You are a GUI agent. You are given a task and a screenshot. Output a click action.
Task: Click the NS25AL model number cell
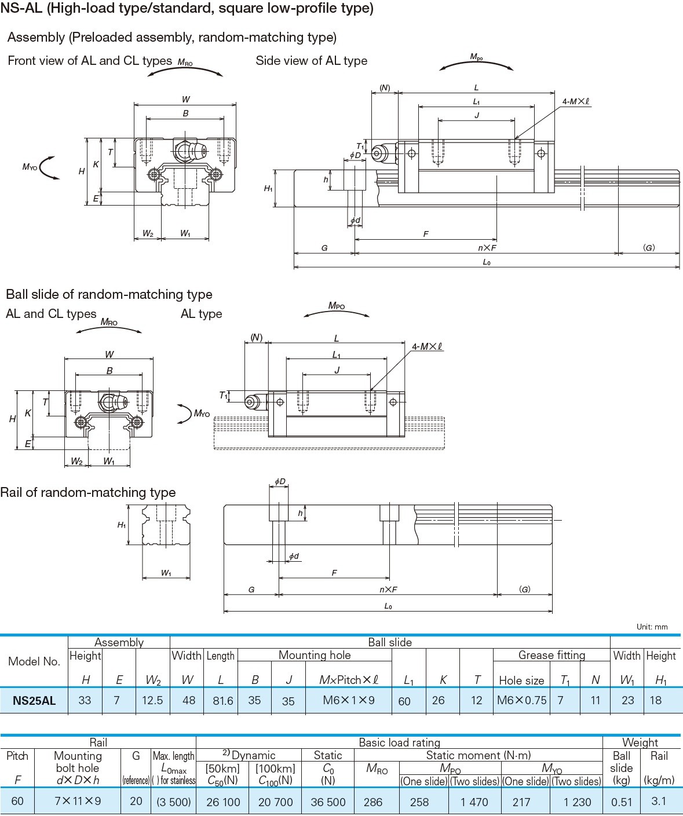(x=34, y=700)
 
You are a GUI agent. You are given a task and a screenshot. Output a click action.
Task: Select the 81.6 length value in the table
(x=222, y=701)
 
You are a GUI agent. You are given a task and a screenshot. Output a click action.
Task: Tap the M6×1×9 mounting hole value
(x=349, y=700)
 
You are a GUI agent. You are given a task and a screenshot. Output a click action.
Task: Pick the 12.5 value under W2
(x=152, y=700)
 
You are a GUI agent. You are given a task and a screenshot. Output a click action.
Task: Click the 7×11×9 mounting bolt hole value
(x=78, y=802)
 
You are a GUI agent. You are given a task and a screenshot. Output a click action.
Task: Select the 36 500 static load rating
(x=328, y=802)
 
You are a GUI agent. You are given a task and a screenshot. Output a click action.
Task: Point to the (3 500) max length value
(x=174, y=802)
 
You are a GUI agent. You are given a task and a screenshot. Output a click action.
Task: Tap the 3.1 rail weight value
(x=659, y=802)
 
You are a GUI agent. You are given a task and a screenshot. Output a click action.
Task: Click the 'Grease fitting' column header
(x=551, y=655)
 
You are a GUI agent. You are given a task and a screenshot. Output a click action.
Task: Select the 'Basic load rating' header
(x=399, y=742)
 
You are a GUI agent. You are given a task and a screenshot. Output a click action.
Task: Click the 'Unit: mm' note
(x=652, y=627)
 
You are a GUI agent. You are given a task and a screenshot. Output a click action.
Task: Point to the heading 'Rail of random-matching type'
(x=88, y=492)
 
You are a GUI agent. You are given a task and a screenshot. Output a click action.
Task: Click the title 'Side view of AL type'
(x=311, y=61)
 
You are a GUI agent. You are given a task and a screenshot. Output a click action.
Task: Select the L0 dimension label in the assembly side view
(x=487, y=262)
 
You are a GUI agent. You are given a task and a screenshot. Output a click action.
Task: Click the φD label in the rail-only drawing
(x=280, y=482)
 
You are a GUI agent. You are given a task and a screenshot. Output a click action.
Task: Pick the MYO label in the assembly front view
(x=30, y=167)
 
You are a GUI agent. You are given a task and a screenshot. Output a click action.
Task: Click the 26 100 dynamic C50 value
(x=223, y=802)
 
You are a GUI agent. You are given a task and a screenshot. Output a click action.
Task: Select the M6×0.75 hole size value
(x=521, y=700)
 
